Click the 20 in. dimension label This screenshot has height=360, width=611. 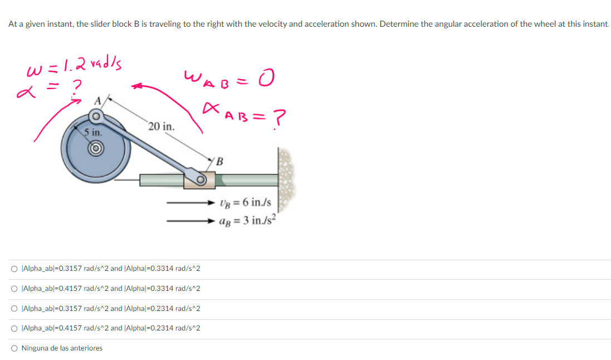click(x=162, y=127)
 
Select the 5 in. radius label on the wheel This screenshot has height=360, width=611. click(x=93, y=133)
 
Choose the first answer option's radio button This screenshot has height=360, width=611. click(x=13, y=269)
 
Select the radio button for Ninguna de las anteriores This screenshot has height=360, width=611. click(x=13, y=348)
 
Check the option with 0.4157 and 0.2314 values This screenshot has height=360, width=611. click(x=13, y=328)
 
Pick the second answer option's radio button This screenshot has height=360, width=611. click(x=13, y=289)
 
